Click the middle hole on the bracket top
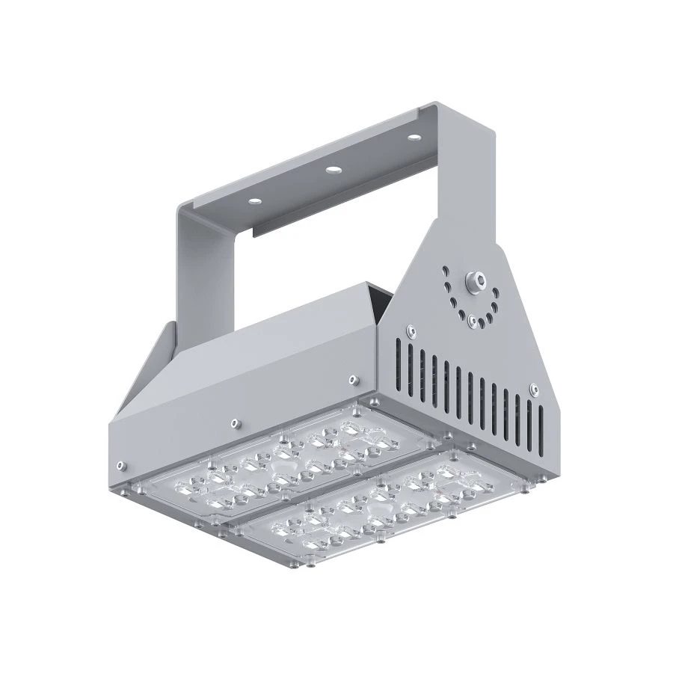(x=332, y=169)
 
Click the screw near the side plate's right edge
(x=533, y=387)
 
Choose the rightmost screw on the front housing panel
(x=350, y=381)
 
